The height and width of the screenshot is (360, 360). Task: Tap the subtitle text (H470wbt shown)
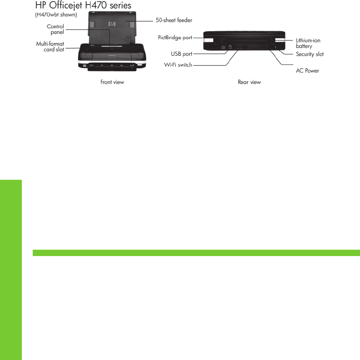click(56, 15)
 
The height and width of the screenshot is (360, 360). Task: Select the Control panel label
click(55, 30)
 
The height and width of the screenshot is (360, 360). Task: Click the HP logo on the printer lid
click(110, 23)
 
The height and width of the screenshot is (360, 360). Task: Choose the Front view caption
click(112, 82)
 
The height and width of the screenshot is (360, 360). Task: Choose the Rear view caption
click(249, 82)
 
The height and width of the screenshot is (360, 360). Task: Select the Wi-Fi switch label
click(178, 65)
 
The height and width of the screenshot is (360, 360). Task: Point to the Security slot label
click(310, 54)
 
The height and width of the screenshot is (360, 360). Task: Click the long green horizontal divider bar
click(196, 253)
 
